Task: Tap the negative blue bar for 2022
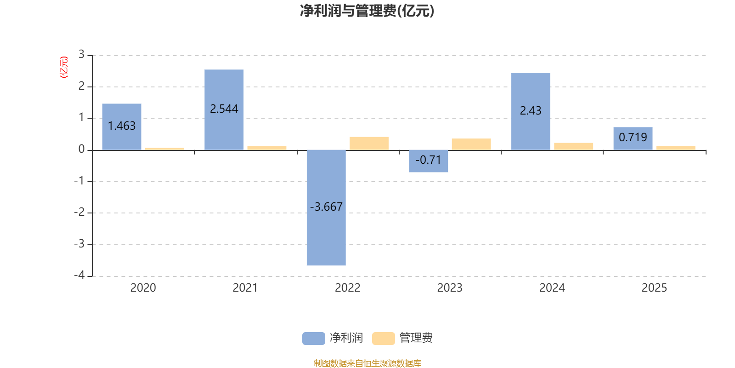coord(326,207)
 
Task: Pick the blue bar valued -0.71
coord(428,161)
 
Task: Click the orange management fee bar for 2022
coord(369,143)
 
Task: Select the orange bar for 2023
coord(471,144)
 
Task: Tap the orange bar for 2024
coord(573,146)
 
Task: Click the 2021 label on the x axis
coord(245,288)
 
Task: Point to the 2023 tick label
coord(450,288)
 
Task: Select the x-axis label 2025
coord(654,288)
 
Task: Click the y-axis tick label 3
coord(81,55)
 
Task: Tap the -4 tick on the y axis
coord(79,275)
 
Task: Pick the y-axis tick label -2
coord(79,212)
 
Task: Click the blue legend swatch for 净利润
coord(313,338)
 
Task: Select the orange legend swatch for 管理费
coord(383,338)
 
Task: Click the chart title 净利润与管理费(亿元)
coord(367,11)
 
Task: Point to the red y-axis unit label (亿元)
coord(64,67)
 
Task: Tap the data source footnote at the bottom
coord(367,363)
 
